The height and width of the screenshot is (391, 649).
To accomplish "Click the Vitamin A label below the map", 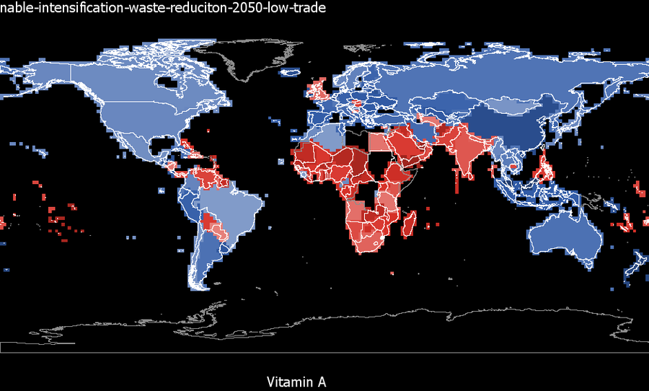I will [296, 382].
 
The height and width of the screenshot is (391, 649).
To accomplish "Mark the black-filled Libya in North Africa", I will [357, 141].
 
